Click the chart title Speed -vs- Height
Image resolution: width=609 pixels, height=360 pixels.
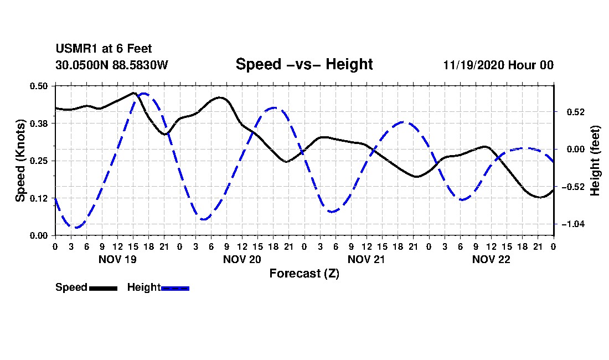click(x=304, y=64)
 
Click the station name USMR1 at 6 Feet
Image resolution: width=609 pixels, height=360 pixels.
click(x=104, y=49)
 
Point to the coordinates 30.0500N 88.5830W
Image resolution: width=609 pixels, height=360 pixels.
click(x=112, y=65)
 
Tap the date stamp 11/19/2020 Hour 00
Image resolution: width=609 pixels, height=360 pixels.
click(x=498, y=65)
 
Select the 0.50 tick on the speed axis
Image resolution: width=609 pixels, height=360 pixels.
click(x=38, y=86)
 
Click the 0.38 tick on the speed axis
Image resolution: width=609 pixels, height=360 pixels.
click(x=38, y=124)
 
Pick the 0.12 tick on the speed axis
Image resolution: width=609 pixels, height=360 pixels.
click(x=38, y=198)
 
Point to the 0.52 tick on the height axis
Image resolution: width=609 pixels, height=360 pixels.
click(x=576, y=112)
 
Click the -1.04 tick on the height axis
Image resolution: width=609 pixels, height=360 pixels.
click(x=573, y=224)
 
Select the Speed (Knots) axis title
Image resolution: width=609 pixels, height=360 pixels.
click(x=20, y=161)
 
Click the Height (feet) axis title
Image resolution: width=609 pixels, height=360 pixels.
click(x=595, y=161)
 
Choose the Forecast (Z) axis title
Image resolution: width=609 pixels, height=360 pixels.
click(x=304, y=274)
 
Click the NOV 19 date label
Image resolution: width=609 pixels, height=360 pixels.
click(x=118, y=259)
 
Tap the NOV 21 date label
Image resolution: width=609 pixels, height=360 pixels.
click(x=367, y=259)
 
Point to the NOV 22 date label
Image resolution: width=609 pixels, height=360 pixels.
click(x=491, y=259)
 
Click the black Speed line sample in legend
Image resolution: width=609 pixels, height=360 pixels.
click(x=104, y=288)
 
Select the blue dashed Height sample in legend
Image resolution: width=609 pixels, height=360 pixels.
click(x=175, y=288)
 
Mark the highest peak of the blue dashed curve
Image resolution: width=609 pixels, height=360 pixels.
click(x=144, y=94)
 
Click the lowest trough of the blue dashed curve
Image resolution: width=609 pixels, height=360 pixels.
click(x=76, y=228)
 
